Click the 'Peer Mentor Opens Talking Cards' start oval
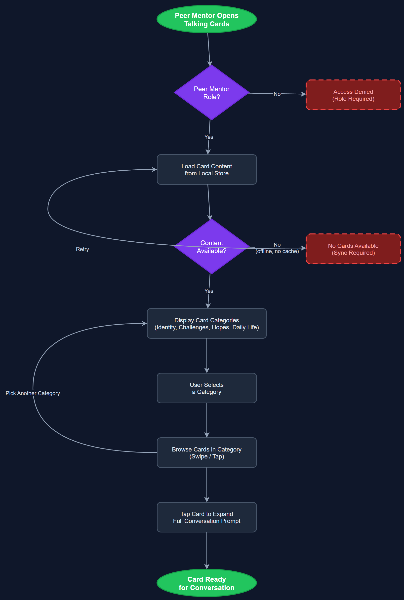[207, 19]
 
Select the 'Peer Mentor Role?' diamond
[211, 93]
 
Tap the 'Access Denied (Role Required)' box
[353, 95]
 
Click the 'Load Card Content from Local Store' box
[207, 170]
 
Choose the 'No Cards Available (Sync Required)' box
[353, 249]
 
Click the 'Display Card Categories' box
[207, 324]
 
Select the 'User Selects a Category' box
[207, 388]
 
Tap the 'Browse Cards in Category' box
[207, 453]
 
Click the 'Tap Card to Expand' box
[207, 517]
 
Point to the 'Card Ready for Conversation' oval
[207, 583]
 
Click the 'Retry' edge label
[82, 249]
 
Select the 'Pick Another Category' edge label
[33, 393]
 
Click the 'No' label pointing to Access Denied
[277, 94]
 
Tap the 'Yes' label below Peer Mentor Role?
[209, 137]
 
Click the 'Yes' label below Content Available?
[209, 291]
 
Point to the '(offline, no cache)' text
[277, 251]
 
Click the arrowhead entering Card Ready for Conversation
[207, 566]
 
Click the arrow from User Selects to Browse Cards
[207, 420]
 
